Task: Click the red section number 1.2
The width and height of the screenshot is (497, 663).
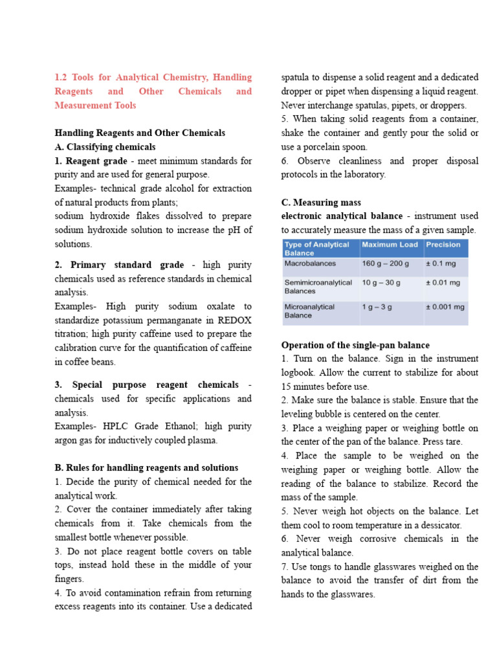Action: click(x=62, y=77)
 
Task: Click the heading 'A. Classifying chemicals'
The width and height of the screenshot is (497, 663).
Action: click(x=105, y=147)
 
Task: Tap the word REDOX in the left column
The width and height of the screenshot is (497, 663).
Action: click(x=235, y=320)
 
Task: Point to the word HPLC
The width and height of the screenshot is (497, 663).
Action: click(x=118, y=427)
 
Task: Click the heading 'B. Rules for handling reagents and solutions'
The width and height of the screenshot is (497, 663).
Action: click(x=146, y=467)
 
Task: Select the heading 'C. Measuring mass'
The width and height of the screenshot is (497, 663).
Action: click(x=321, y=203)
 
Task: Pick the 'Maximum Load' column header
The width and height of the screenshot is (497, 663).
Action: click(x=389, y=245)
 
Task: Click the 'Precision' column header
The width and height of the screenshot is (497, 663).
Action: click(x=443, y=245)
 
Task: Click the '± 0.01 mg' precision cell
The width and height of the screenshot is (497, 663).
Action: click(x=443, y=283)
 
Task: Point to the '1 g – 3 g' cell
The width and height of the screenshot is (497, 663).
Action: click(x=377, y=307)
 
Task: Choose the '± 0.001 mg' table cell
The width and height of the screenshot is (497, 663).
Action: click(x=445, y=307)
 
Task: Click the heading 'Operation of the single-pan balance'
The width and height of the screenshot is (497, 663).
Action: click(x=355, y=345)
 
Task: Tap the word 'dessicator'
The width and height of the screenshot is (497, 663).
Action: click(x=457, y=526)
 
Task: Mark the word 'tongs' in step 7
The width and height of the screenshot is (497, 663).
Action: click(x=320, y=567)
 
